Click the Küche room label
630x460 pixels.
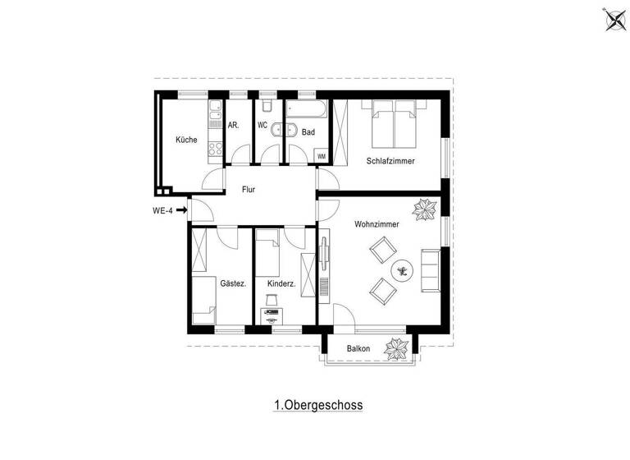(186, 140)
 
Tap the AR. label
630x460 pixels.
(234, 126)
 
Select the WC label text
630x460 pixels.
(262, 126)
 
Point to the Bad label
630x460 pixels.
(308, 132)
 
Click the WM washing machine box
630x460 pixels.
(321, 155)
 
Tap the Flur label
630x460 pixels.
(249, 190)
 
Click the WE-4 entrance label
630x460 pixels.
(163, 210)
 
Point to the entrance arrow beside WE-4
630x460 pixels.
(181, 210)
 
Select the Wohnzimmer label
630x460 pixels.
(377, 224)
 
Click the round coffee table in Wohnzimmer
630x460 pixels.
(402, 268)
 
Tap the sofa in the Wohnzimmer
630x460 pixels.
(431, 269)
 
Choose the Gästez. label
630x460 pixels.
(233, 284)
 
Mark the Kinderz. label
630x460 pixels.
(281, 284)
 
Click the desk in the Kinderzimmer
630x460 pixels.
(271, 315)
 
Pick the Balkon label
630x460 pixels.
(358, 349)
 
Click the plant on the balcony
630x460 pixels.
(397, 348)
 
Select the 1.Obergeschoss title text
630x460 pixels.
(318, 405)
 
